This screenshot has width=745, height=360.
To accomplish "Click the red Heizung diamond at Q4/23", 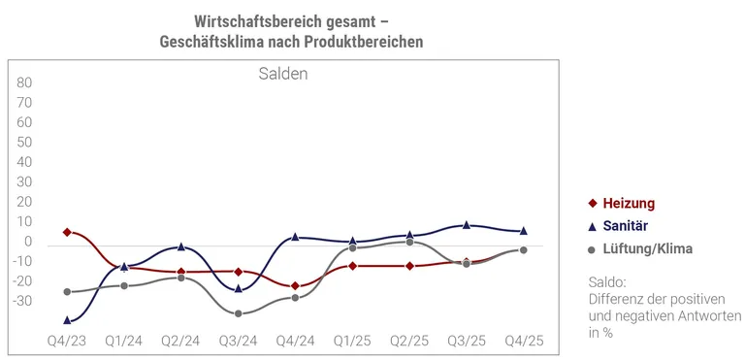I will (x=67, y=233).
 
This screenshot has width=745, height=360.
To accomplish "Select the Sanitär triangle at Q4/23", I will (x=67, y=319).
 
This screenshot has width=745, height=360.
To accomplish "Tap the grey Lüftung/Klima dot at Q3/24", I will (x=238, y=313).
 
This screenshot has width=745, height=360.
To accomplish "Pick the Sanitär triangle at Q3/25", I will (x=467, y=224).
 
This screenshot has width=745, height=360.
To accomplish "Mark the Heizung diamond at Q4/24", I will (x=295, y=286).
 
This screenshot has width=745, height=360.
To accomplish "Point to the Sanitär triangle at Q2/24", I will (x=180, y=246).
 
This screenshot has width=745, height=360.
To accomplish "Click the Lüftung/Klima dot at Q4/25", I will (x=524, y=250).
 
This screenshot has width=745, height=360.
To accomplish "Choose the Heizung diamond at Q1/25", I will (x=352, y=266).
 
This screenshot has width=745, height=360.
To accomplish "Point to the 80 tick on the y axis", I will (x=25, y=82).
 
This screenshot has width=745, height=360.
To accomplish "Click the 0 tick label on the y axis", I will (x=29, y=242).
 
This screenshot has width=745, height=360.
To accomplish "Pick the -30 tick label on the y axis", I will (x=23, y=301).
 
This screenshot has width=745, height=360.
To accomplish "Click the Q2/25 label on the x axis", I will (x=409, y=342).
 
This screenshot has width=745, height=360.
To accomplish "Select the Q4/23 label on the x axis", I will (x=67, y=342).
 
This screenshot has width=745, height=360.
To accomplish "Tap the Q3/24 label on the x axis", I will (x=238, y=342).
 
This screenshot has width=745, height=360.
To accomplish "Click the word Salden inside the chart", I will (x=283, y=74).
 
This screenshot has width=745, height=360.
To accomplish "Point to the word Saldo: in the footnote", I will (x=608, y=282).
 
